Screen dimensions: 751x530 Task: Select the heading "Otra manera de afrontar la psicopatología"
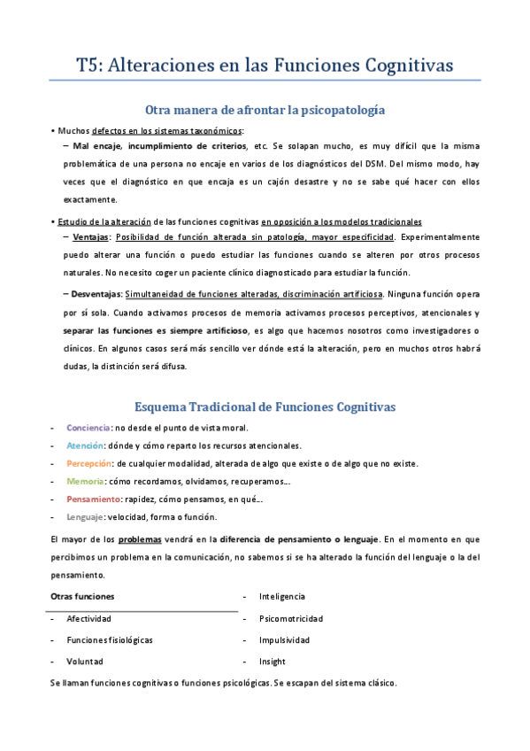tap(265, 110)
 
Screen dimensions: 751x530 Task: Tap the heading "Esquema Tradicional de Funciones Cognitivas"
tap(265, 406)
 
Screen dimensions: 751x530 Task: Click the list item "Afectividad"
tap(88, 618)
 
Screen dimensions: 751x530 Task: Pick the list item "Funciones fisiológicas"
tap(110, 639)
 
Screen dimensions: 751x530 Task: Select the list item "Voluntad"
tap(85, 662)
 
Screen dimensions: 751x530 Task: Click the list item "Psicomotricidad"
tap(291, 618)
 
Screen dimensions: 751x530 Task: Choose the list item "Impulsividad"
tap(284, 639)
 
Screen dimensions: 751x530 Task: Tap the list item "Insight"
tap(273, 662)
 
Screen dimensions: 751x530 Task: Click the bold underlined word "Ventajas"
tap(91, 237)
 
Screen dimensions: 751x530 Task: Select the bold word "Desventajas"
tap(96, 293)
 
